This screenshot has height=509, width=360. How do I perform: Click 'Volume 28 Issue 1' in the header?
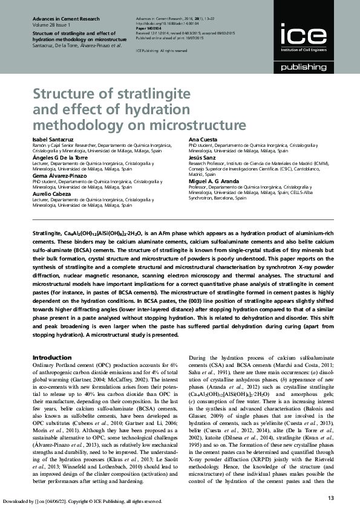(x=51, y=26)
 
